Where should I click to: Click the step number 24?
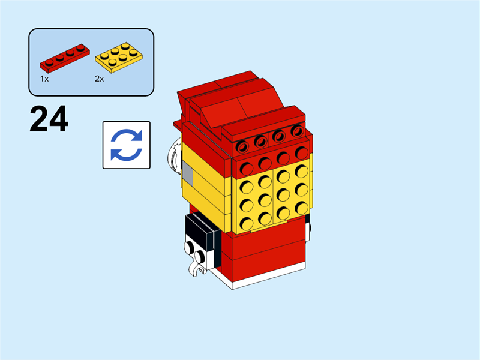coord(49,119)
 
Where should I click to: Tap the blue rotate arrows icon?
coord(126,145)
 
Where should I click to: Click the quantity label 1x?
coord(44,79)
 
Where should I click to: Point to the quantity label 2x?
coord(99,79)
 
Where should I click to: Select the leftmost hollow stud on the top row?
coord(243,146)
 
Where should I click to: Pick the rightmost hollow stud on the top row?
coord(297,131)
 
